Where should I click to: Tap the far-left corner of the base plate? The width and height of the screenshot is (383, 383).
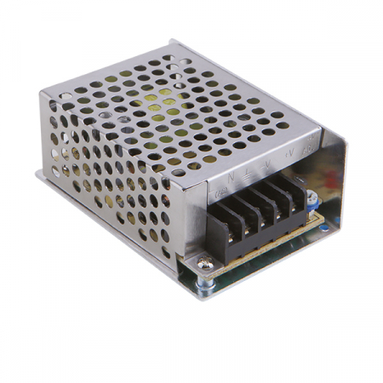point(37,174)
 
